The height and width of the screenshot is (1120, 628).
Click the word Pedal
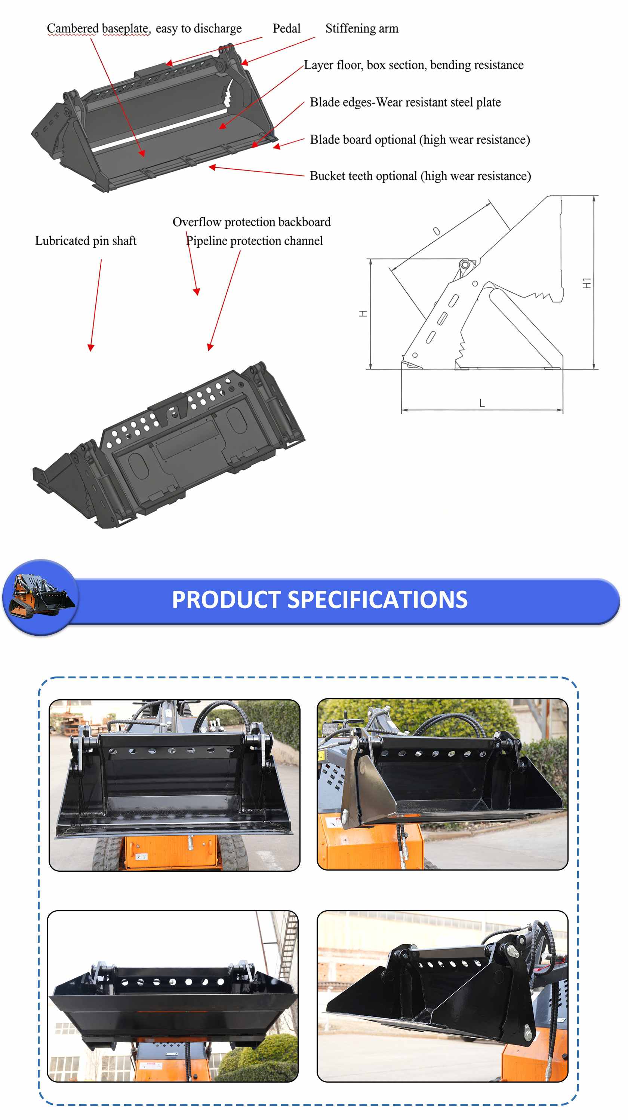(x=286, y=28)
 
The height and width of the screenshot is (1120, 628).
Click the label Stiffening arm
(x=361, y=29)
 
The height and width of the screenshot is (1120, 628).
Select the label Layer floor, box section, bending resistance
(x=413, y=65)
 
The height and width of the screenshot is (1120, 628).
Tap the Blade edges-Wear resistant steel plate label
(x=405, y=102)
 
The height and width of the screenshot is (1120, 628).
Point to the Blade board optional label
(x=420, y=139)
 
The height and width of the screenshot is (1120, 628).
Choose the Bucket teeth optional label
(x=420, y=176)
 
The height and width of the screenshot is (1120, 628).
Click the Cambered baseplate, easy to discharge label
(x=144, y=29)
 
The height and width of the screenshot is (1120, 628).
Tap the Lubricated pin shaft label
(x=86, y=241)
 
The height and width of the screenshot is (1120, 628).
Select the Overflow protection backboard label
(x=252, y=222)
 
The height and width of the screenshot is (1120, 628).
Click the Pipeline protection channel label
(x=254, y=241)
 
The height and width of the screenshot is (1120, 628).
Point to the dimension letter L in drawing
(x=482, y=403)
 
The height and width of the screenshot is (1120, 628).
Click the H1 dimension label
(x=587, y=283)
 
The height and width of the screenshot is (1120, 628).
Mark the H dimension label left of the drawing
(x=363, y=314)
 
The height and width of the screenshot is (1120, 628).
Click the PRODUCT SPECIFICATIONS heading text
(x=320, y=599)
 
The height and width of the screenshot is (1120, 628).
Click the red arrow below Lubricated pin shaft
(x=96, y=305)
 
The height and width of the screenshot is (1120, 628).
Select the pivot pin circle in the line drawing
(x=465, y=265)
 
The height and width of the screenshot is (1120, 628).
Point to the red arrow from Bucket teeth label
(x=256, y=171)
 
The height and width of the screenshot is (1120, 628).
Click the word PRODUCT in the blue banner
(x=226, y=599)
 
